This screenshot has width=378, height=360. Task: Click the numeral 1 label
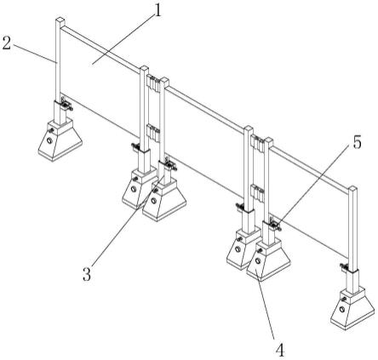pos(157,11)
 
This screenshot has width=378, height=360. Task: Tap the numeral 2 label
pos(7,43)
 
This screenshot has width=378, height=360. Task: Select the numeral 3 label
pos(87,275)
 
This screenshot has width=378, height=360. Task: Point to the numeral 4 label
pos(280,350)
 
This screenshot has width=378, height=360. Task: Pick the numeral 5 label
pos(358,142)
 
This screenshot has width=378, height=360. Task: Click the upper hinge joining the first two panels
pos(153,83)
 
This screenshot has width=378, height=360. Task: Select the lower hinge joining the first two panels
pos(153,133)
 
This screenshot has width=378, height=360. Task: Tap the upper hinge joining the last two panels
pos(258,144)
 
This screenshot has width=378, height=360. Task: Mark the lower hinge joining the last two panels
pos(258,194)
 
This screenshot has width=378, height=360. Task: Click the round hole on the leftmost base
pos(50,140)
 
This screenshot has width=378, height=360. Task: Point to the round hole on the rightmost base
pos(342,309)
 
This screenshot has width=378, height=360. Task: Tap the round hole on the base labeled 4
pos(258,260)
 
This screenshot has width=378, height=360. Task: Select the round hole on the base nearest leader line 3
pos(153,201)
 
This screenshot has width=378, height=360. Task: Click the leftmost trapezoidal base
pos(60,140)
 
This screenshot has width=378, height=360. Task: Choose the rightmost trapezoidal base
pos(352,308)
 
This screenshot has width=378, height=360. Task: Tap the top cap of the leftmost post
pos(60,20)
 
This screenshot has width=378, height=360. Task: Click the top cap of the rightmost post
pos(352,189)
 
